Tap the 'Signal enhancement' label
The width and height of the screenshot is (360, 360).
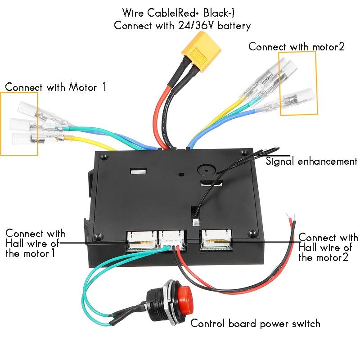312,161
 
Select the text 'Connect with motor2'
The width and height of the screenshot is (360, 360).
297,47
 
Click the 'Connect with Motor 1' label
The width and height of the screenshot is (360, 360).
56,87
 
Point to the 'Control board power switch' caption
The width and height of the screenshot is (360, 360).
255,323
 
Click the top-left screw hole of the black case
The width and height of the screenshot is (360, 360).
104,157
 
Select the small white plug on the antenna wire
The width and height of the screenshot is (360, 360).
196,222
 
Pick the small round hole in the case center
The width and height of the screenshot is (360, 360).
180,174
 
